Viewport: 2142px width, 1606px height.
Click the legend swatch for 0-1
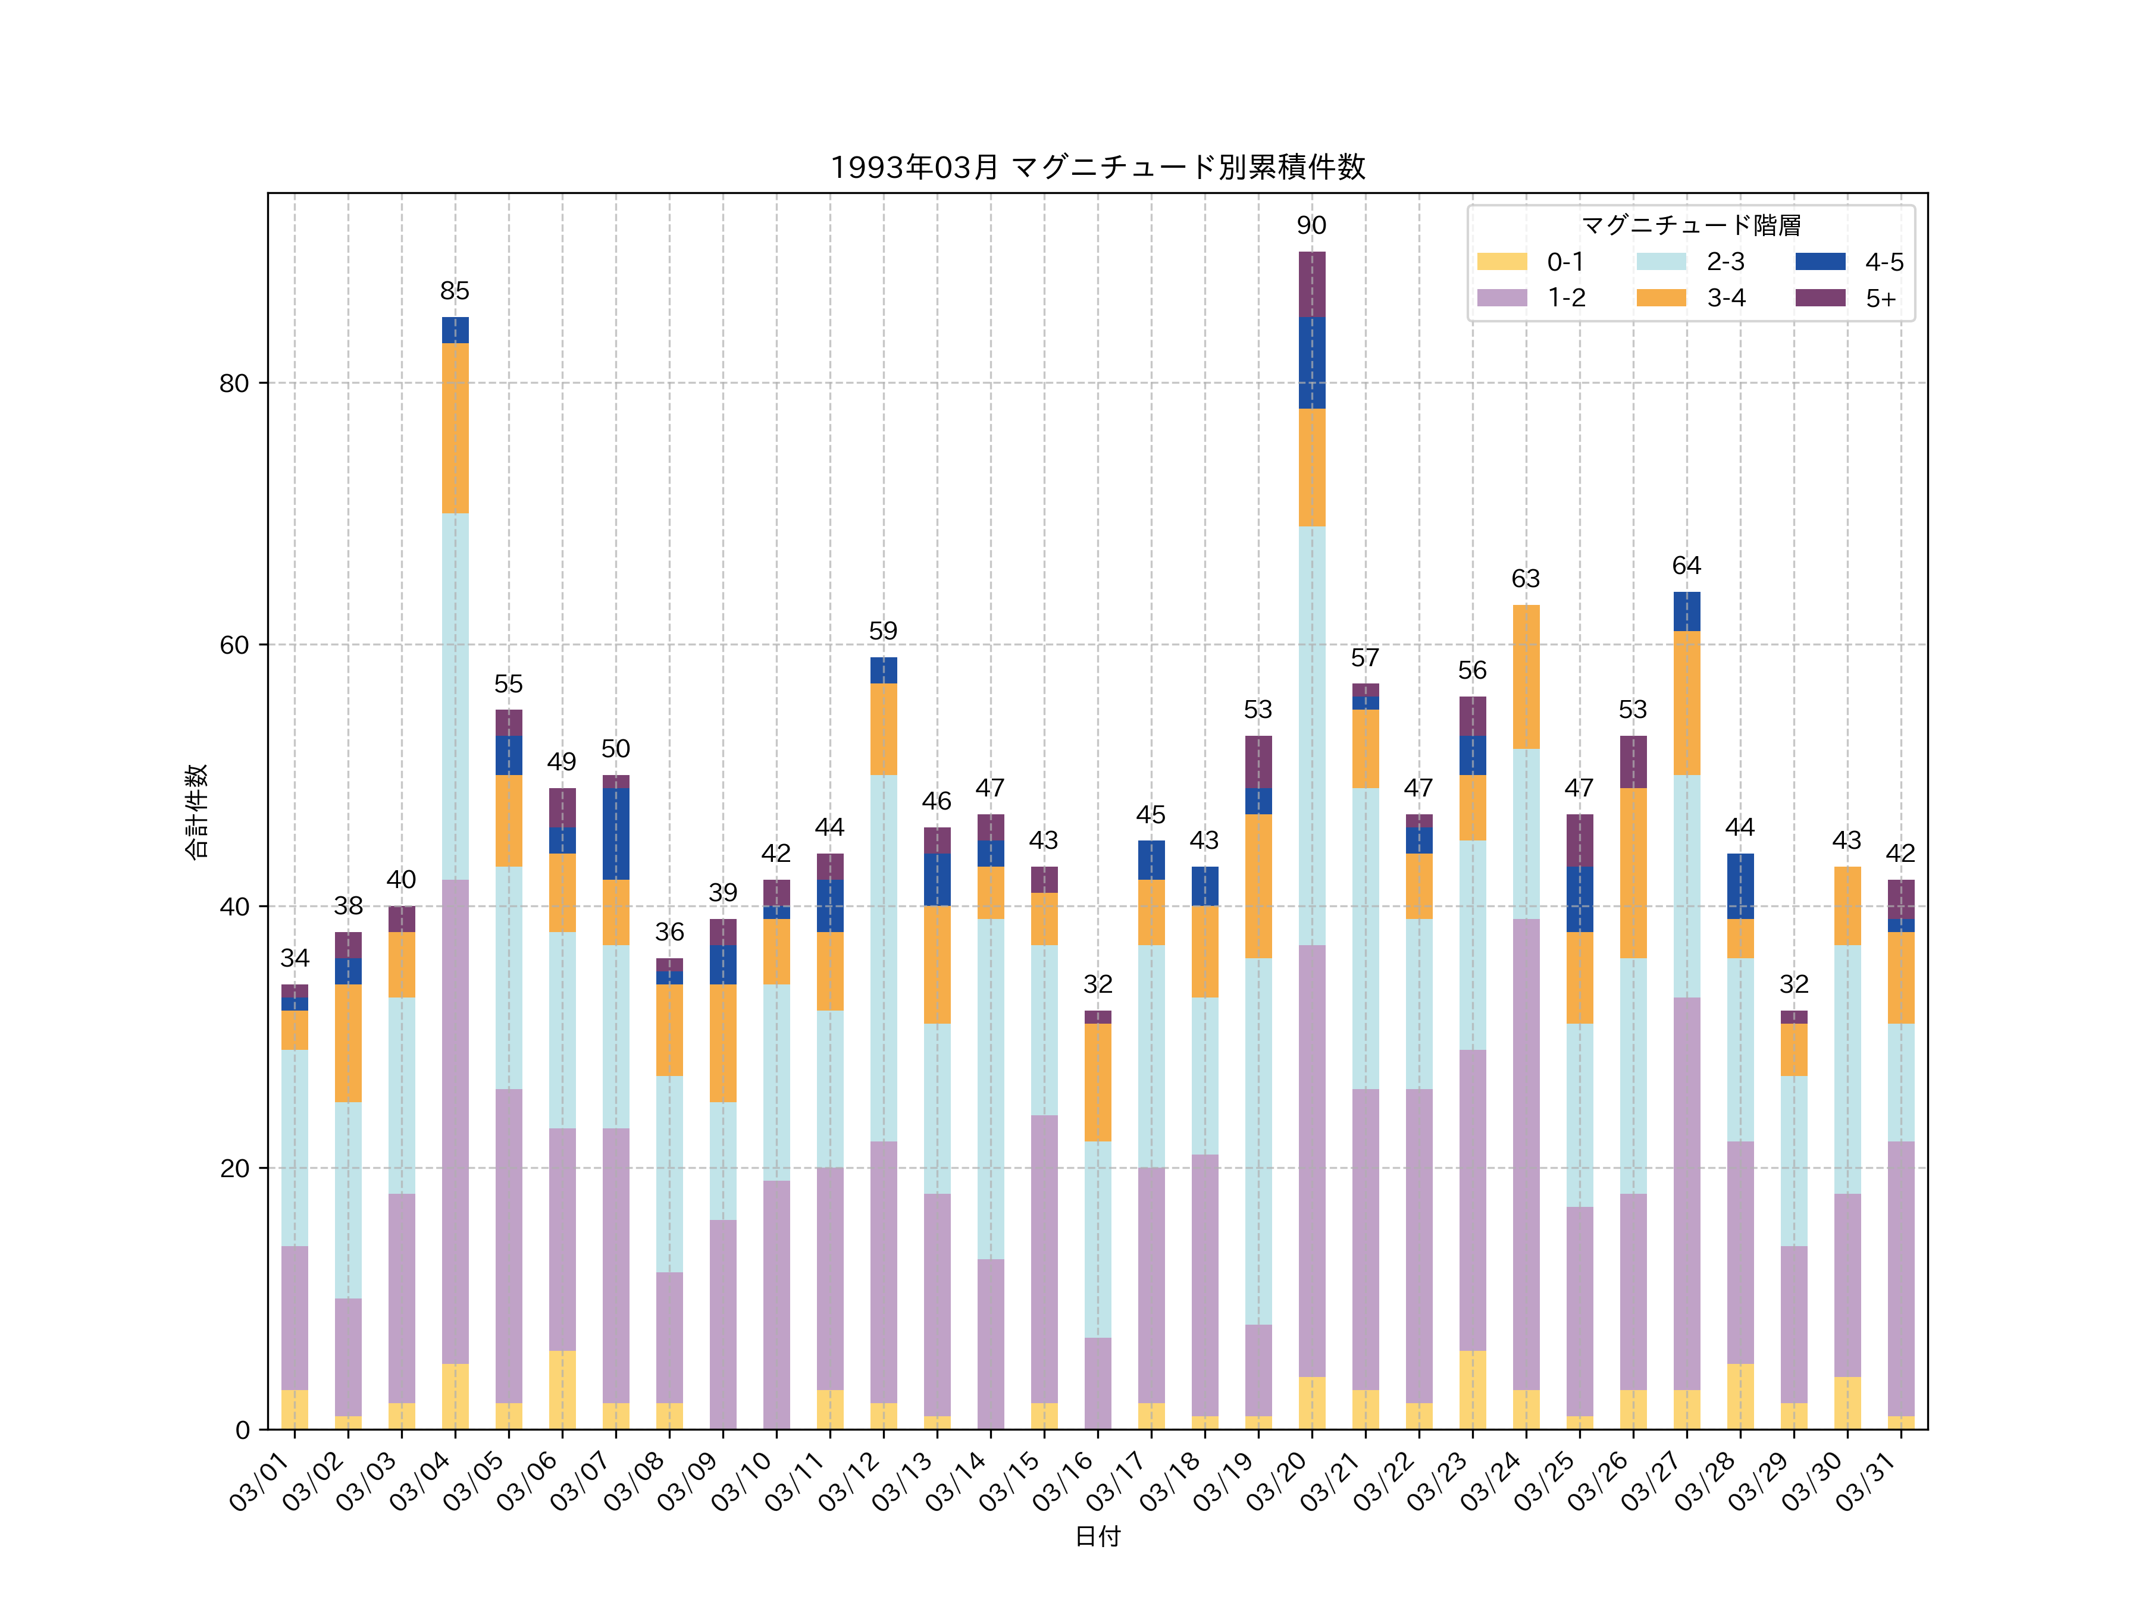tap(1501, 261)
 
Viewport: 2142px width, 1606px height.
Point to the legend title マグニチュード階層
tap(1691, 225)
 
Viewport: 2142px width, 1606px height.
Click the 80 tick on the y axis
tap(234, 383)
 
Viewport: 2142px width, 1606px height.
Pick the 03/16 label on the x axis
tap(1065, 1481)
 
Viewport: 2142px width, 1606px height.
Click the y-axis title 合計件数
tap(196, 811)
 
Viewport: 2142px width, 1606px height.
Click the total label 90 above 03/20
tap(1311, 225)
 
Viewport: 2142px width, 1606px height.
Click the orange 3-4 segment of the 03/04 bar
tap(455, 428)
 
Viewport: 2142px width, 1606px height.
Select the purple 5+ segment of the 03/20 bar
tap(1312, 284)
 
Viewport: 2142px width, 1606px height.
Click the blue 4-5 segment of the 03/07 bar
tap(616, 833)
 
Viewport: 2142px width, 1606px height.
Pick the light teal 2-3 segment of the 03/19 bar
tap(1258, 1141)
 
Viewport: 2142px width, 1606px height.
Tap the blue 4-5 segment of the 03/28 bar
tap(1740, 886)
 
